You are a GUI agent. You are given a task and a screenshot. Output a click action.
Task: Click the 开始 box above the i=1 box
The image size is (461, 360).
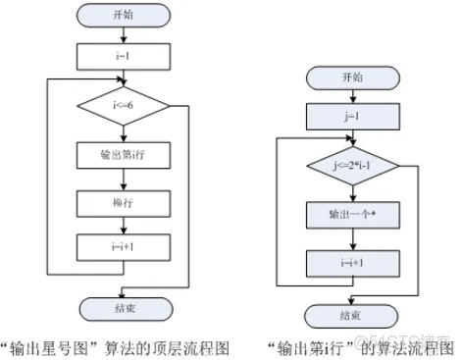coord(122,17)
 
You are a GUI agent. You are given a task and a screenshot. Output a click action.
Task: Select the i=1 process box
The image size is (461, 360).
coord(122,55)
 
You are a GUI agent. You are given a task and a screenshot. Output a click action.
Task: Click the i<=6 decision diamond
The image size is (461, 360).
coord(122,102)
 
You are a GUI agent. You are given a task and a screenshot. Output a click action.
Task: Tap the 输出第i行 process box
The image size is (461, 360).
coord(122,154)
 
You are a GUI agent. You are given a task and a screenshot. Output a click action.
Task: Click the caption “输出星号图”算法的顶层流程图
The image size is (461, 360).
coord(118,344)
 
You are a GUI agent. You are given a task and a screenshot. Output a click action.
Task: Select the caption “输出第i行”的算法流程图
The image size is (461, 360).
coord(358,344)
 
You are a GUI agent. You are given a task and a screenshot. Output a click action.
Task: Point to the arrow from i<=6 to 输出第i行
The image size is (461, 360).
coord(122,130)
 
